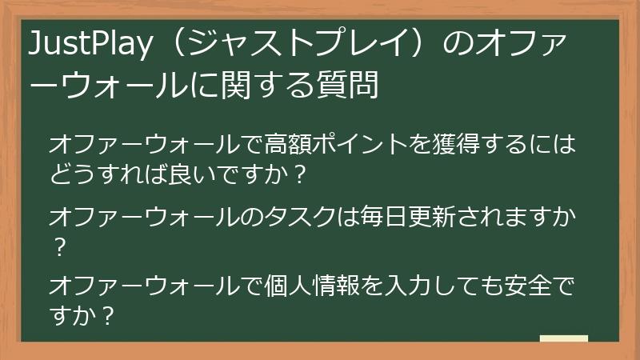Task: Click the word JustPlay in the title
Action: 87,47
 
